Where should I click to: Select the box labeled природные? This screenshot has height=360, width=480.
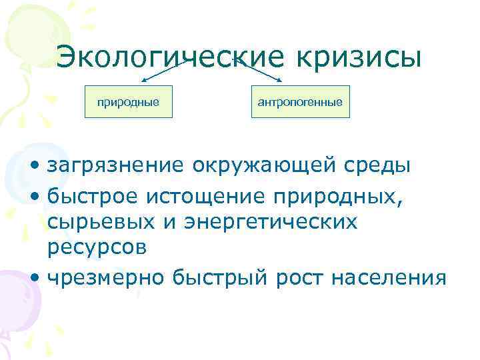[x=128, y=102]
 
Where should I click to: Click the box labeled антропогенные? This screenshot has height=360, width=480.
[x=300, y=102]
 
